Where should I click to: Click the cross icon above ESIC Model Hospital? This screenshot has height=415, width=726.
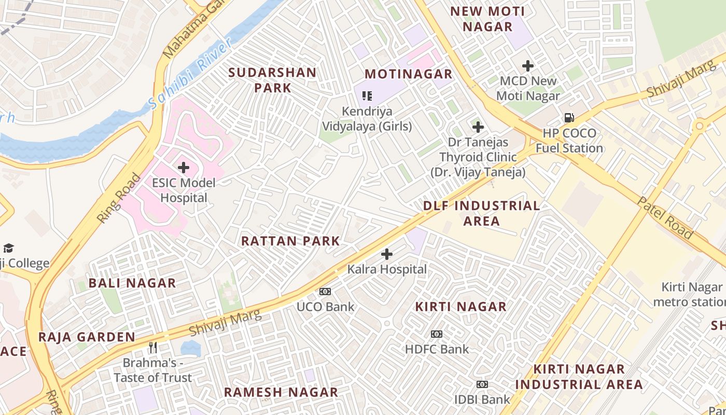point(183,168)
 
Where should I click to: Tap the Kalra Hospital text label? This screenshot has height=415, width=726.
point(387,269)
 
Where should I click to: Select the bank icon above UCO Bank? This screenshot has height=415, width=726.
point(325,292)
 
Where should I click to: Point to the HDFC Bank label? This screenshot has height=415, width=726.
point(437,349)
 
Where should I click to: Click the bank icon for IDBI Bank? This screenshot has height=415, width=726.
point(482,384)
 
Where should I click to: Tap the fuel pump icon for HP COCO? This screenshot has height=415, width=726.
point(569,118)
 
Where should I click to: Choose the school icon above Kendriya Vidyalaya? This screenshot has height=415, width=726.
point(367,95)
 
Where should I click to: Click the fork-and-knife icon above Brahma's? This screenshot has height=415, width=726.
point(152,347)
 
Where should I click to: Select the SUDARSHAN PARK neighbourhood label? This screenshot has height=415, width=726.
point(273,80)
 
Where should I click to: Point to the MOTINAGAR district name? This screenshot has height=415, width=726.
point(409,74)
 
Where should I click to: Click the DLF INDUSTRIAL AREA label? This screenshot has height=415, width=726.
point(482,213)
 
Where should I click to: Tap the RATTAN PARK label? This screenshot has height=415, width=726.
point(290,241)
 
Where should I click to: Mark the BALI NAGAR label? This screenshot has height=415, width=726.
point(132,283)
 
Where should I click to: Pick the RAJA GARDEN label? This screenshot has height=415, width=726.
point(87,337)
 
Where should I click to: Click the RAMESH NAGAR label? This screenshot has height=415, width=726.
point(281,392)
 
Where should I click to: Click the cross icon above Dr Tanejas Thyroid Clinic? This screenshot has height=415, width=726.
point(478,127)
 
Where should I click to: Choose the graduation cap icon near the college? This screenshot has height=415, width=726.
point(8,248)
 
